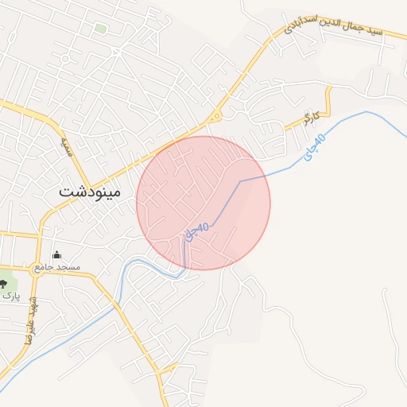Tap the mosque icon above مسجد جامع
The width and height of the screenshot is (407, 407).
click(56, 255)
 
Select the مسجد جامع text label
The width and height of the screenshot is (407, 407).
click(56, 268)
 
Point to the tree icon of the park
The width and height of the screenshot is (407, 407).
click(3, 282)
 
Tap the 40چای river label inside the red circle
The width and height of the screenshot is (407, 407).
click(196, 230)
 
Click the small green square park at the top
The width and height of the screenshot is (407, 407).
click(100, 29)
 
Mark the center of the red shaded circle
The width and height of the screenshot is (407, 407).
click(203, 203)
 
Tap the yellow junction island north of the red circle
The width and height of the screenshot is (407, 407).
click(214, 118)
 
